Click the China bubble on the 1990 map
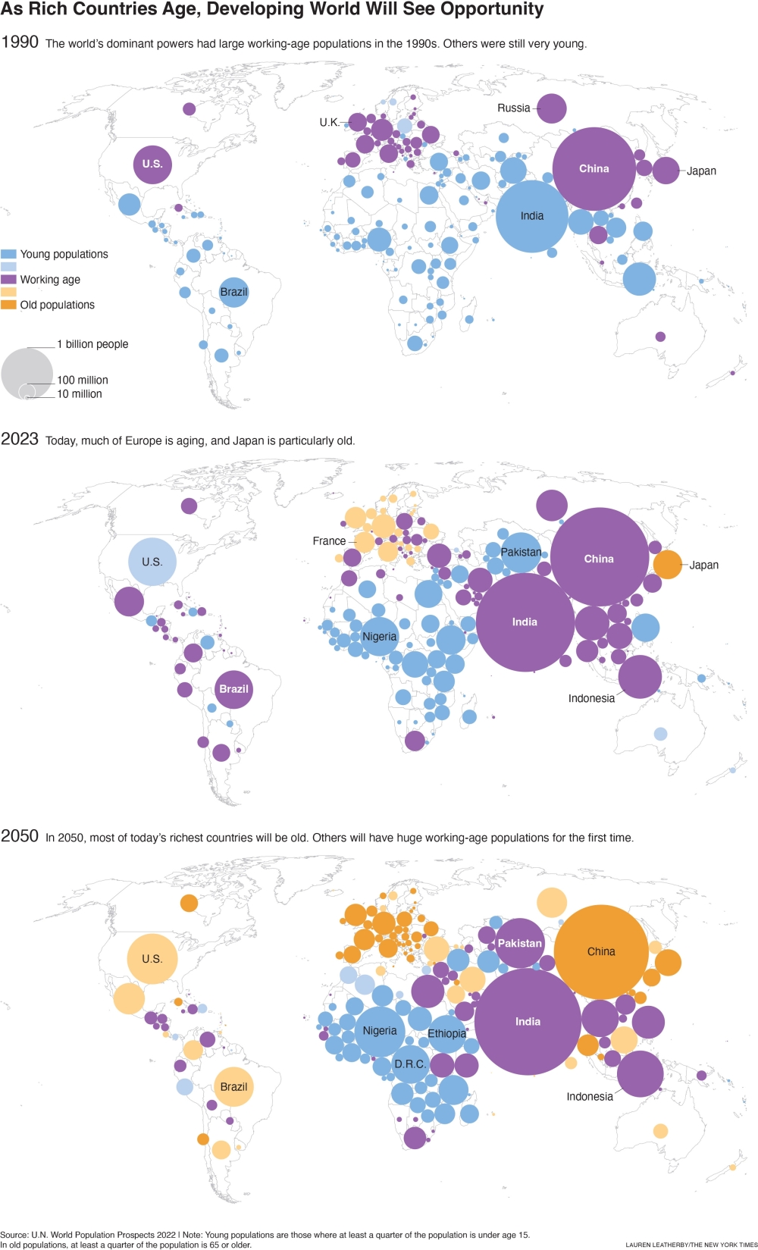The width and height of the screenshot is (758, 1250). pos(594,168)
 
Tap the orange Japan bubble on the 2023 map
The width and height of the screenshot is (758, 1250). pos(667,564)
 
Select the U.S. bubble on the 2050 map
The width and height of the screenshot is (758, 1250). pos(152,958)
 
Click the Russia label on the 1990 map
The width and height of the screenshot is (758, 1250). pos(513,108)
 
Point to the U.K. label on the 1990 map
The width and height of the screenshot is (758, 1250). pos(329,122)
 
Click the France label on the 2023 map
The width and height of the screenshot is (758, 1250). pos(329,541)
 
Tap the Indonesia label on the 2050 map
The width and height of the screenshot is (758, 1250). pos(590,1096)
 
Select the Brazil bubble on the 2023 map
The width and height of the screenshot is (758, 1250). pos(233,689)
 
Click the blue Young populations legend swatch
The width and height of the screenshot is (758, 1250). pos(8,254)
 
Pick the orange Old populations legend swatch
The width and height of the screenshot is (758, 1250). pos(8,305)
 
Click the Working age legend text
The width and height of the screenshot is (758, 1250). pos(50,280)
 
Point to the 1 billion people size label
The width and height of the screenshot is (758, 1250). pos(92,344)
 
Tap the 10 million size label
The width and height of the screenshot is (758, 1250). pos(80,394)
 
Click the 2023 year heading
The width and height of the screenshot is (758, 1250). pos(20,439)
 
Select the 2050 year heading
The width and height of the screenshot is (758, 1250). pos(20,836)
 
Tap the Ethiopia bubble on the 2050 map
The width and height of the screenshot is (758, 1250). pos(446,1034)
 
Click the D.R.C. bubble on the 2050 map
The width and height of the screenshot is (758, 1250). pos(410,1064)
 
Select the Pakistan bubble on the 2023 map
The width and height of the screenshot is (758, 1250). pos(521,552)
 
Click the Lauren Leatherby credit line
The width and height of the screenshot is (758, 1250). pos(691,1245)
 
